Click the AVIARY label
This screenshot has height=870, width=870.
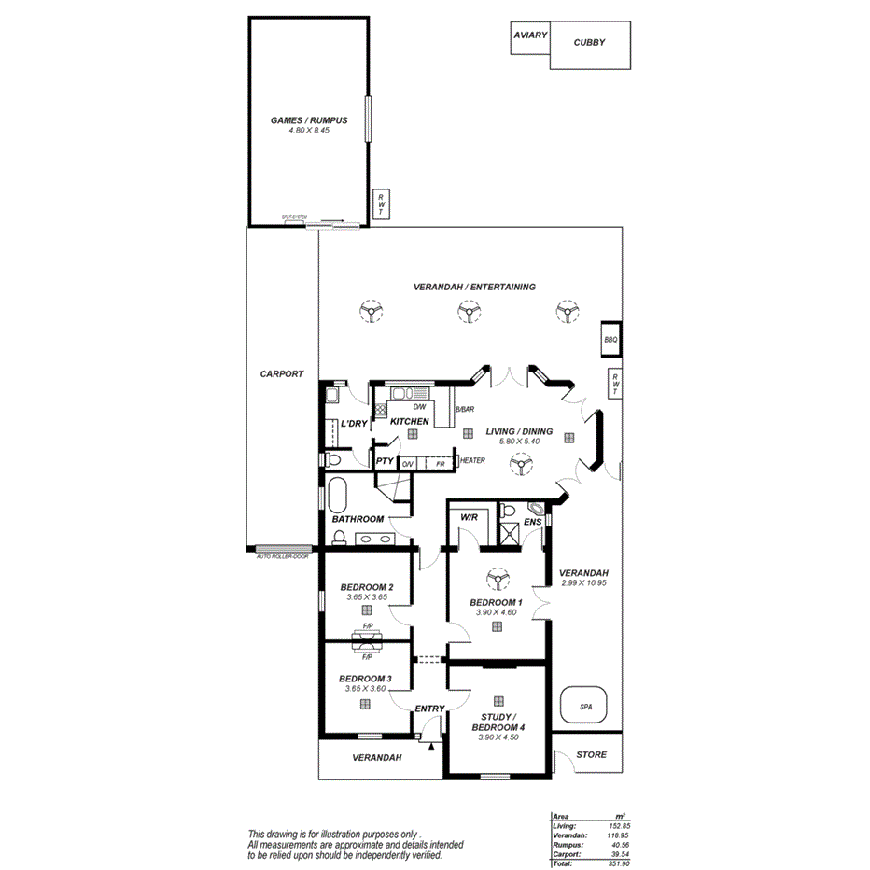click(x=528, y=35)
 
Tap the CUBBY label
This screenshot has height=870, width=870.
click(x=589, y=42)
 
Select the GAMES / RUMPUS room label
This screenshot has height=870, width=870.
click(x=309, y=120)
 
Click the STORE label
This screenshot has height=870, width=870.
click(x=591, y=754)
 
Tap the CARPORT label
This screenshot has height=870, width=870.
click(x=281, y=373)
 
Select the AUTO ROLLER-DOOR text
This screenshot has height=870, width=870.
click(x=282, y=556)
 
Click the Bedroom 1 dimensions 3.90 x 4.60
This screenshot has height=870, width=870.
click(x=496, y=612)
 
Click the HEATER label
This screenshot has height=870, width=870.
click(x=471, y=460)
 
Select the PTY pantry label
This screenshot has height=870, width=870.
click(x=384, y=461)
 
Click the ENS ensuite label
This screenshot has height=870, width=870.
click(x=533, y=522)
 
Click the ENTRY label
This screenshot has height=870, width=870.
click(x=429, y=709)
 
